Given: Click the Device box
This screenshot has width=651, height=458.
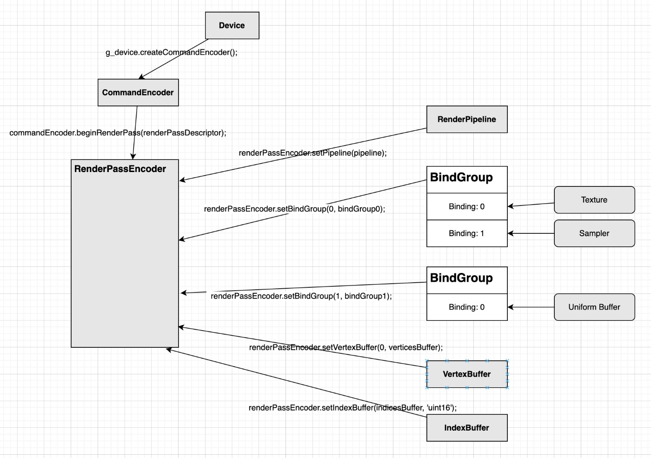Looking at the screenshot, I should (x=232, y=26).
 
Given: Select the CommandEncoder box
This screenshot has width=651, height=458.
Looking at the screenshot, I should (x=138, y=93).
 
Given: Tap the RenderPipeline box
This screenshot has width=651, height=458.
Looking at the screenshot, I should (x=467, y=119).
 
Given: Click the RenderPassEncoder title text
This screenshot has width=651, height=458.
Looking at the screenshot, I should (x=120, y=169).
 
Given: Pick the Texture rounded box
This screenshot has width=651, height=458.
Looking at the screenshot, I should (x=594, y=200).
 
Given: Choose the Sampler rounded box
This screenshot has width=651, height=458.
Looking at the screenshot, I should (x=594, y=233).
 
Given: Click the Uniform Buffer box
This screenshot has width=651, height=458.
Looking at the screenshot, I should (x=594, y=307).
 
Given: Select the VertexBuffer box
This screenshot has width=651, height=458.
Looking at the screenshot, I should (x=467, y=374).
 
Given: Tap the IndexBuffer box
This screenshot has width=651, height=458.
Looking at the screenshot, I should (x=467, y=428).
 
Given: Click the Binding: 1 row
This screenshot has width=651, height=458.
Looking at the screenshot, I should (x=467, y=233).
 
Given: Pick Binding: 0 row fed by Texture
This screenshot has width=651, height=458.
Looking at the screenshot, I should (x=467, y=206).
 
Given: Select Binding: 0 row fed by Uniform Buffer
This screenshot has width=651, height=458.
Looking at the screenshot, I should (x=467, y=307).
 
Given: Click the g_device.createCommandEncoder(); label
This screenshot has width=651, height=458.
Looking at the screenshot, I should (x=172, y=53).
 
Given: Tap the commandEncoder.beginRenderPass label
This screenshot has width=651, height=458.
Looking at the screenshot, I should (x=118, y=133).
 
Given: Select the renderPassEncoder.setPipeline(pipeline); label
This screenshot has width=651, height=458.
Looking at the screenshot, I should (x=312, y=153).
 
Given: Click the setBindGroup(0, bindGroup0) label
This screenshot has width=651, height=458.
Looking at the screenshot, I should (x=294, y=209).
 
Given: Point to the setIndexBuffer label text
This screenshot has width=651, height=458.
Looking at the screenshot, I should (x=352, y=408).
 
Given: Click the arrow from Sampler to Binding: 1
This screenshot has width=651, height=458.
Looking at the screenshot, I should (x=531, y=233).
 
